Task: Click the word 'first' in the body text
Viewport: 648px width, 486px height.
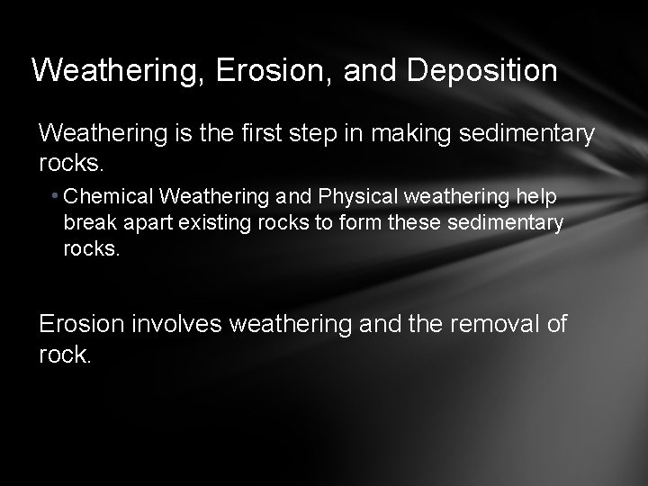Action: (262, 134)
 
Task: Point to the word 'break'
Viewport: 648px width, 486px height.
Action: (86, 222)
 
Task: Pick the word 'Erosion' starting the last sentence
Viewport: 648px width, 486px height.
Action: (85, 324)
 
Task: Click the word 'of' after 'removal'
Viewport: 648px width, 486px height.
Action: (556, 324)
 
